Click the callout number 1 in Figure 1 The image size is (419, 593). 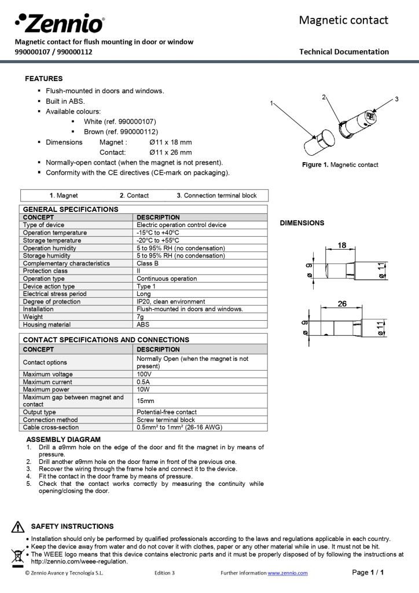pos(271,103)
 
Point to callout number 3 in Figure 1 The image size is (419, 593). pos(396,99)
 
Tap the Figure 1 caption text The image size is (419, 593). pos(340,165)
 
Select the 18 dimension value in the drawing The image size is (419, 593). pos(342,246)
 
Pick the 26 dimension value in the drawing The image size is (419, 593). pos(342,303)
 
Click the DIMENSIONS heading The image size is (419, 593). pos(302,223)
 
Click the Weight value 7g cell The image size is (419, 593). pos(140,317)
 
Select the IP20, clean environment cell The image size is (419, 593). pos(171,301)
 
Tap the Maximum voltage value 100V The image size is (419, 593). pos(145,374)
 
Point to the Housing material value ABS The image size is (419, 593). pos(143,324)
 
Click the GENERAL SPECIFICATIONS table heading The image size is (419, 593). pos(71,209)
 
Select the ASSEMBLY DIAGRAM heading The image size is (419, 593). pos(64,440)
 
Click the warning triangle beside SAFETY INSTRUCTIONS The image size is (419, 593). pos(18,527)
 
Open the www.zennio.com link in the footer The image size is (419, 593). pos(288,573)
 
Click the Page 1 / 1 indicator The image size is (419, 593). pos(368,573)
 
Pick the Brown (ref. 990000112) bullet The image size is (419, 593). pos(120,131)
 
